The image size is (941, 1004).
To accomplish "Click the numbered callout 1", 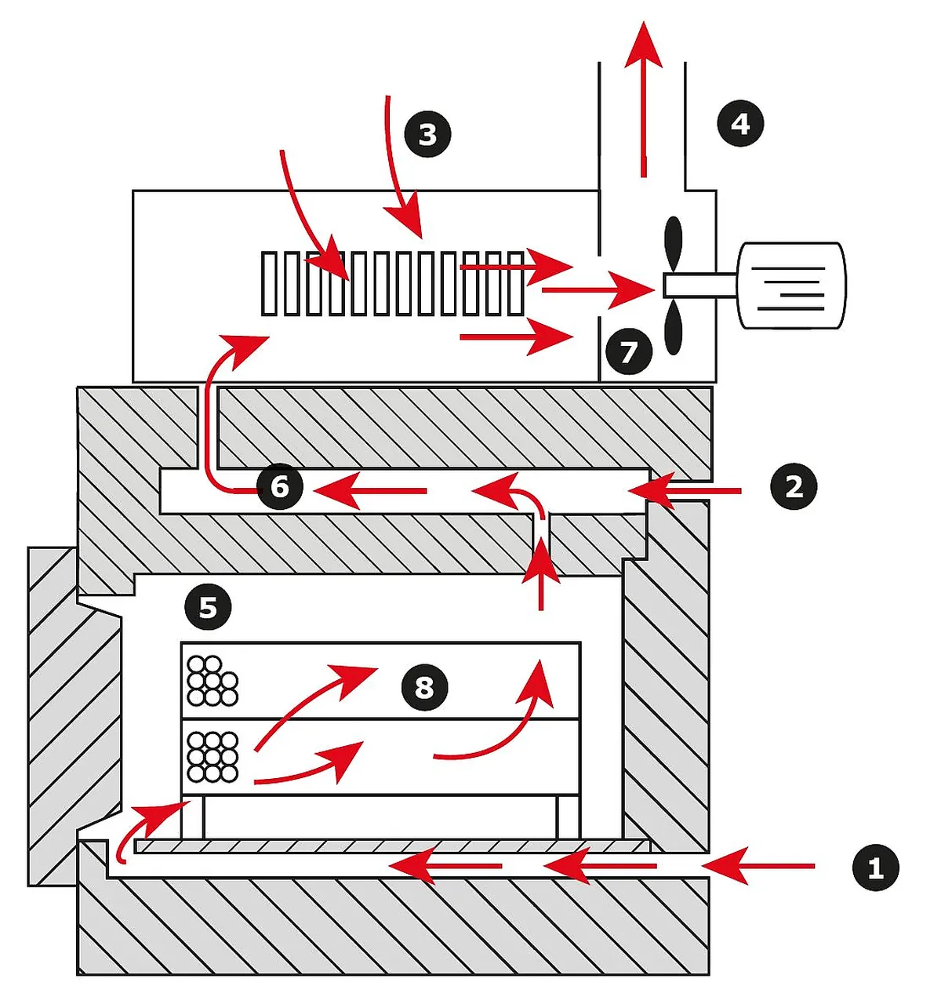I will point(875,868).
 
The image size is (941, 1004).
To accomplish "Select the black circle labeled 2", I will point(794,486).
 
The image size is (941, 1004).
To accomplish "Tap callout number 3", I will point(427,134).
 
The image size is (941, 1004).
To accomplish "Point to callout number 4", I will point(740,123).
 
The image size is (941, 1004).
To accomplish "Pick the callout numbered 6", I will point(280,486).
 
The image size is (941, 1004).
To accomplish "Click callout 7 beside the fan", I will point(629,351).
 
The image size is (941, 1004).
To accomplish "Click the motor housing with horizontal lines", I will point(790,286).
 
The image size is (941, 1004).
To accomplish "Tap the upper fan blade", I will point(674,242).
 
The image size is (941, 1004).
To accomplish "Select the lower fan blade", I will point(673,327).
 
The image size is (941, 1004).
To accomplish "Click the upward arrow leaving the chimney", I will point(644,94).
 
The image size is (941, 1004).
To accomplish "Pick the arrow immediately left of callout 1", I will point(758,866).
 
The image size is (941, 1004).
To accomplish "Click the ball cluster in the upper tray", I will point(212,681).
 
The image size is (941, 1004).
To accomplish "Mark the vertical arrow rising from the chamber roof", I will point(540,577).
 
